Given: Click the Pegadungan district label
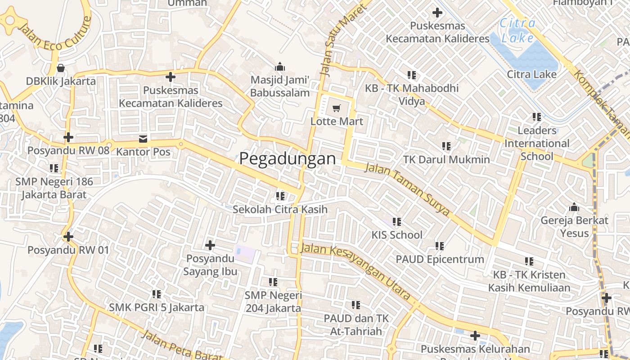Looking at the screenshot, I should coord(288,159).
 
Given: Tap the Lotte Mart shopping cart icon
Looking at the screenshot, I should coord(336,108).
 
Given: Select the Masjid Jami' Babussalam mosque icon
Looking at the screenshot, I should coord(280,67).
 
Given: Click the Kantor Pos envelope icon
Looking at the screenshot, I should coord(143,139).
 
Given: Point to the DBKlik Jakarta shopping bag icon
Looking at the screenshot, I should coord(61,68).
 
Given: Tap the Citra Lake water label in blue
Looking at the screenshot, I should coord(517,31).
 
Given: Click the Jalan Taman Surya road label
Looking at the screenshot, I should coord(407,189).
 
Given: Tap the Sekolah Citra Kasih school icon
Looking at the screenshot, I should coord(280,196).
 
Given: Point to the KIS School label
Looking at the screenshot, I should coord(397,235).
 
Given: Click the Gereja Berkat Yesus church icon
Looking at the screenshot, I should coord(574,207).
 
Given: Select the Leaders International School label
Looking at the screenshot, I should coord(536,144).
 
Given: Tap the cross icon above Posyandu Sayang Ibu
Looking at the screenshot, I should coord(210,245).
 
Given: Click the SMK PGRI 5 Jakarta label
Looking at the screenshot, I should coord(157,308).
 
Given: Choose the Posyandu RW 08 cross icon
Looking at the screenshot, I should coord(68,137).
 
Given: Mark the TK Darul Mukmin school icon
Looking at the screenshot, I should coord(446,146).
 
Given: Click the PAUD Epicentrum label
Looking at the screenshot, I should coord(440,259).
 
